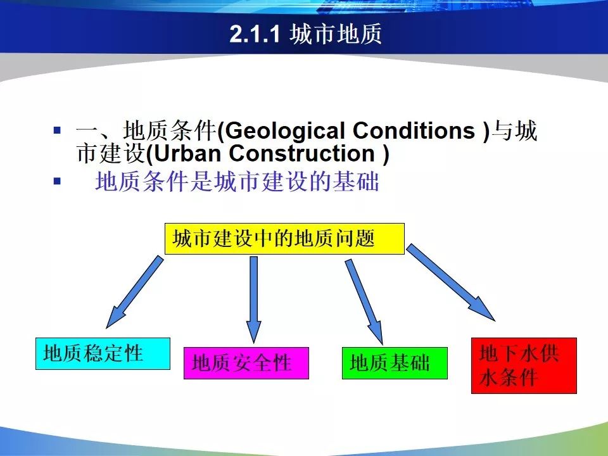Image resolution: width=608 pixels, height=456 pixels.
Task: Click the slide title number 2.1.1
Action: (255, 34)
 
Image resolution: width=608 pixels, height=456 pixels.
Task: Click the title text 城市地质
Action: (336, 34)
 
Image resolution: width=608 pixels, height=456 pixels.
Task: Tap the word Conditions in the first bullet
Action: (414, 130)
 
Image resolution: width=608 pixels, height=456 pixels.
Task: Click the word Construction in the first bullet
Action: (301, 153)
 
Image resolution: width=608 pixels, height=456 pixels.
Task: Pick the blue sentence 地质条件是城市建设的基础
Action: (237, 181)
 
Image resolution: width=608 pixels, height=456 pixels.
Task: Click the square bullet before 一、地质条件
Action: (58, 130)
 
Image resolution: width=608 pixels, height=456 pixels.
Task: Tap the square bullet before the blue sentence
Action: (58, 180)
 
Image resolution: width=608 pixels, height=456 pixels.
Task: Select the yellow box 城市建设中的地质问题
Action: (284, 239)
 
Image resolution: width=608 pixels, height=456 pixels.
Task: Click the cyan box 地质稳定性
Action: (103, 353)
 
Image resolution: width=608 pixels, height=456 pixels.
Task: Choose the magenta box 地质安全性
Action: (246, 364)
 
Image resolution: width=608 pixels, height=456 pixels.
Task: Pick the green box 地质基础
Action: (395, 364)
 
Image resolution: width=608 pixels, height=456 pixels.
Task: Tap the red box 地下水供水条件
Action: (524, 365)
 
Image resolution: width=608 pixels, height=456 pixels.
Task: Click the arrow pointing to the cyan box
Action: (134, 292)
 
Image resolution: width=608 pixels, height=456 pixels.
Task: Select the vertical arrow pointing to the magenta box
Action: (254, 300)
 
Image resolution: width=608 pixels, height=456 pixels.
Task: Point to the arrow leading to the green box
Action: (364, 302)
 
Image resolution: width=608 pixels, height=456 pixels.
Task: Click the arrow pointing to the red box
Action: (450, 282)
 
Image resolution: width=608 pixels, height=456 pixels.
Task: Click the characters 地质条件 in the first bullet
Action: (170, 130)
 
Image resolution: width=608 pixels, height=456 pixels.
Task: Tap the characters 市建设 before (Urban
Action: (111, 153)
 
